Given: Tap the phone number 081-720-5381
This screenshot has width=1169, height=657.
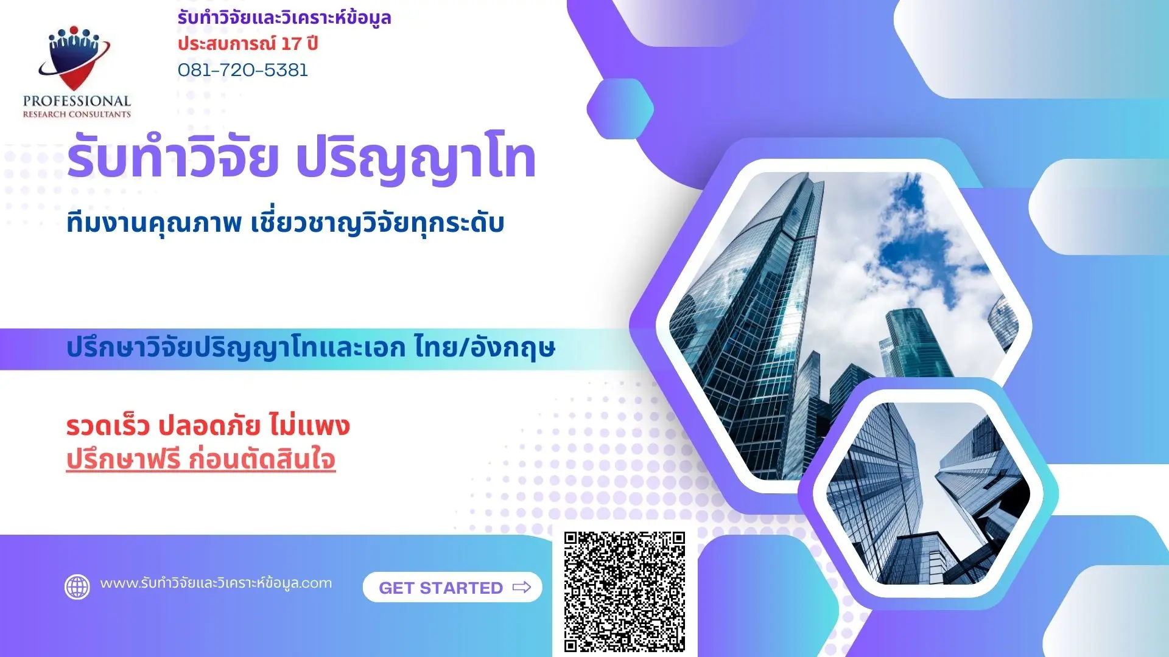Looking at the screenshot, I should point(243,70).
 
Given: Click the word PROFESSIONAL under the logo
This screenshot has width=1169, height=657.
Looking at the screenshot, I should point(77,101).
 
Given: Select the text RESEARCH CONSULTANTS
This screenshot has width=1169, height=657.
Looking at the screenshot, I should point(77,114).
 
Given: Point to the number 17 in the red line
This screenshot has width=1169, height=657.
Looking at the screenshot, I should point(291,44).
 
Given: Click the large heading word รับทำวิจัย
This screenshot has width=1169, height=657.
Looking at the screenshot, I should point(173,159).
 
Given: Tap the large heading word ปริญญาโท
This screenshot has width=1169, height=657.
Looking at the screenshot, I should point(415,159).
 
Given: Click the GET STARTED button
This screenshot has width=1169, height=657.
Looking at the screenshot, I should point(452,588).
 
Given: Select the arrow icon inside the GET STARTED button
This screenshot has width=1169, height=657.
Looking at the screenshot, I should point(522,588).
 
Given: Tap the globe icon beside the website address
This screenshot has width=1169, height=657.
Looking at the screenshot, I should point(77,587).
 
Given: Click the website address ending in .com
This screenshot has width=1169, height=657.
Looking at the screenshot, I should point(216,583).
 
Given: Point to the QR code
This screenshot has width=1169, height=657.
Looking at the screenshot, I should point(624,591).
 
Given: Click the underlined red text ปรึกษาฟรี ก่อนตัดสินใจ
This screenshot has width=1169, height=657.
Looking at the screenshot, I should point(200,459).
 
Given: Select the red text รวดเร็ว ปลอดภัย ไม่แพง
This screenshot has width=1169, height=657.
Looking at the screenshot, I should point(208,426).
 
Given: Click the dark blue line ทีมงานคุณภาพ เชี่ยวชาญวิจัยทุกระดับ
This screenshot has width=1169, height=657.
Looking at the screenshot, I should point(285,223).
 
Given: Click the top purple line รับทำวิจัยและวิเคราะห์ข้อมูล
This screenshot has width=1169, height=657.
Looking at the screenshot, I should point(284,18).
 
